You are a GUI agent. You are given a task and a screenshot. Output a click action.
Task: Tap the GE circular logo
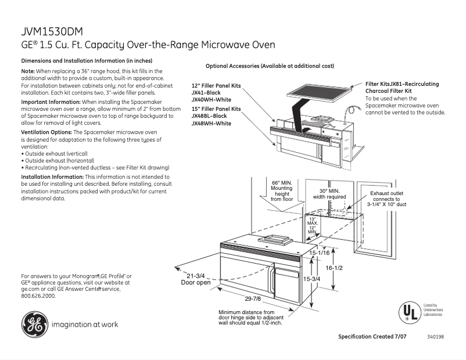pyautogui.click(x=34, y=324)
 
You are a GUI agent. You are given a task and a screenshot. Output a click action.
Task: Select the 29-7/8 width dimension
pyautogui.click(x=252, y=298)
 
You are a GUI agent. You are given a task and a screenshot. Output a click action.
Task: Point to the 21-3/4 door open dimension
pyautogui.click(x=196, y=279)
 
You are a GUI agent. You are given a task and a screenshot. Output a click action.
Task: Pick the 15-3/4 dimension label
pyautogui.click(x=313, y=279)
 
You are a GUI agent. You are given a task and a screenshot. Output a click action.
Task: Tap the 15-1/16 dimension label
pyautogui.click(x=320, y=253)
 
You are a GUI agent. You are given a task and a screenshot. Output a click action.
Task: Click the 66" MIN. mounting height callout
pyautogui.click(x=282, y=191)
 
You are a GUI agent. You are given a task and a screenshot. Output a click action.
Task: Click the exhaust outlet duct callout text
pyautogui.click(x=386, y=199)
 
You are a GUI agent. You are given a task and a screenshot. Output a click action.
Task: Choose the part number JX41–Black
pyautogui.click(x=206, y=93)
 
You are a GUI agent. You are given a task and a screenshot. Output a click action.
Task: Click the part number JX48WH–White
pyautogui.click(x=211, y=123)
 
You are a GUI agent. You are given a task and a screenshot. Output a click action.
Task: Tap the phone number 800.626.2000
pyautogui.click(x=38, y=296)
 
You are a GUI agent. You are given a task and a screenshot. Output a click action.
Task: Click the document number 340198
pyautogui.click(x=435, y=337)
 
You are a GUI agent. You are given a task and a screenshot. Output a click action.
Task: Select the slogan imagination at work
pyautogui.click(x=85, y=325)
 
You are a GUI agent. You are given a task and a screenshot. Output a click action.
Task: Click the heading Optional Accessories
pyautogui.click(x=270, y=66)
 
